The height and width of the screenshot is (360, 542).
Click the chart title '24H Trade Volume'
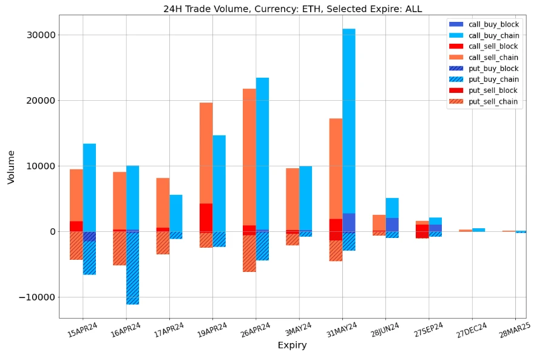tap(292, 9)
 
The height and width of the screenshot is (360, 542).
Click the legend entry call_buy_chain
tap(493, 35)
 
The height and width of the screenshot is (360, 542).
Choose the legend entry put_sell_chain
tap(493, 101)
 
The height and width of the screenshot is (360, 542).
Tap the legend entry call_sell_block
tap(493, 46)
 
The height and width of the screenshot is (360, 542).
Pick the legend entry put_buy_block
tap(493, 69)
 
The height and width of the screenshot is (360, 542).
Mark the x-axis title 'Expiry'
tap(292, 345)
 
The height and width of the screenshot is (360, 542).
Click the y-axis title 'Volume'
tap(11, 166)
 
